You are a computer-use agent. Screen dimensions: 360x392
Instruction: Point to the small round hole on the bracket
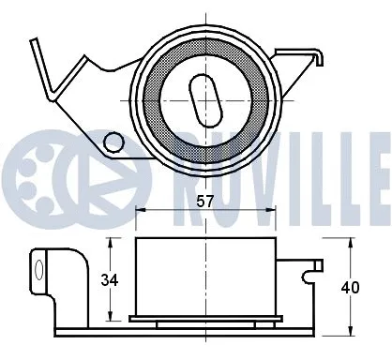(x=113, y=142)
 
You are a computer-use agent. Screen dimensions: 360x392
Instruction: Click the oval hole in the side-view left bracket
(x=38, y=272)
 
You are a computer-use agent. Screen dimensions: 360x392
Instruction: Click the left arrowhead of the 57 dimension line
(x=140, y=211)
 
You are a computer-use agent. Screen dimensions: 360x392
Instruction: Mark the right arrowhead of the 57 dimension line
(x=271, y=211)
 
